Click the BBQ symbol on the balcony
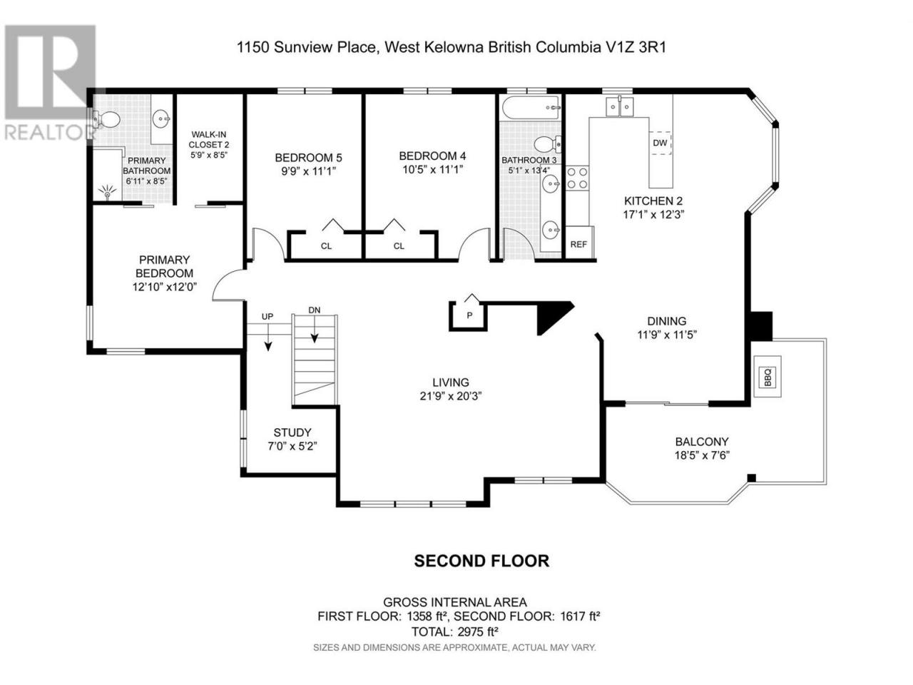767,377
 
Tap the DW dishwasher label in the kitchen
660,143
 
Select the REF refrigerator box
578,243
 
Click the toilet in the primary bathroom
106,120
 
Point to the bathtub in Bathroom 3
531,108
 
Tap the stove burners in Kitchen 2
577,178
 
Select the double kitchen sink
619,107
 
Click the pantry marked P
469,315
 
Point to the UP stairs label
267,317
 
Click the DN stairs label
315,310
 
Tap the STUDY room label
292,432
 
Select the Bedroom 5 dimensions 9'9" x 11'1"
308,171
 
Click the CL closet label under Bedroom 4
399,246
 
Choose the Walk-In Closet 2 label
209,139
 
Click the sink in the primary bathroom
161,119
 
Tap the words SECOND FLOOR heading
481,561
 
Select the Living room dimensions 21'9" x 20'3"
451,396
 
